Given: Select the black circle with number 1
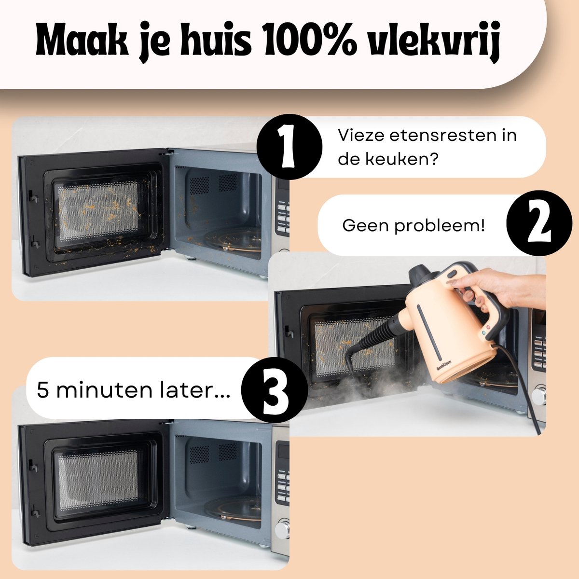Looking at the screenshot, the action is (x=289, y=147).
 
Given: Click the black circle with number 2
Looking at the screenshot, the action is (x=539, y=223).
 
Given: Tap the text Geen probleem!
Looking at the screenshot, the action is (x=414, y=225).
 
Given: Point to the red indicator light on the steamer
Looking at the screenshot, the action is (x=488, y=327).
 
